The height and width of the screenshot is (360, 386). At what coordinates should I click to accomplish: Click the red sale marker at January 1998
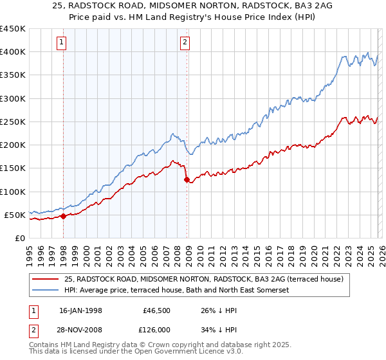(64, 217)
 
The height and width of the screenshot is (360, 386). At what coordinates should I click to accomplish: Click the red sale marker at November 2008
(187, 180)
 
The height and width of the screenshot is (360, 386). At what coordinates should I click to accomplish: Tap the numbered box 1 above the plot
(62, 43)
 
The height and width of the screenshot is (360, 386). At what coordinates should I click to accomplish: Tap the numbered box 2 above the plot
(185, 43)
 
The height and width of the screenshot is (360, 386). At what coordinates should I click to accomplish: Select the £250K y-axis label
(13, 122)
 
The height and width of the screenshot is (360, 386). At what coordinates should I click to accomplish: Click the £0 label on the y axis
(19, 238)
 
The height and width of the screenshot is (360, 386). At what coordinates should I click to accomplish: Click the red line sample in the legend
(45, 279)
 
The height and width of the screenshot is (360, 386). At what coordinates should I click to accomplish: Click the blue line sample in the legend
(45, 290)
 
